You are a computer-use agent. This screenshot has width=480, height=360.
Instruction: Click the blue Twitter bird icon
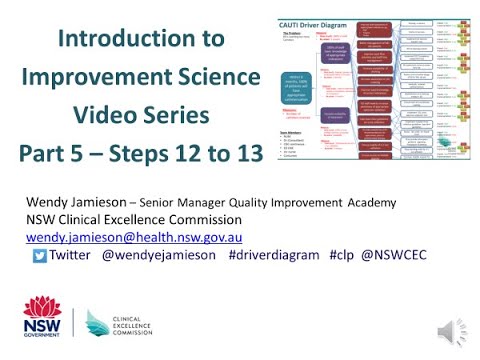pyautogui.click(x=39, y=255)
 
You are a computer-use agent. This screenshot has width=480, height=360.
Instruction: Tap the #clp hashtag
pyautogui.click(x=341, y=255)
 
